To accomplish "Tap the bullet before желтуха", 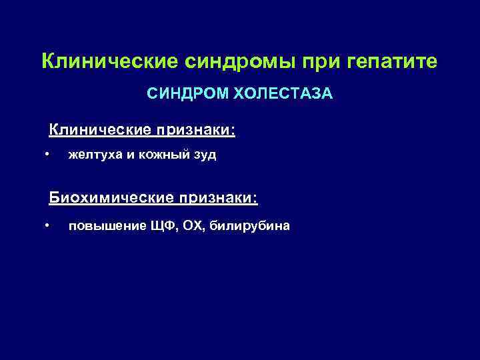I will (47, 155).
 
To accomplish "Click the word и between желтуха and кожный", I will (129, 155).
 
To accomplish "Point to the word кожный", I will (161, 155).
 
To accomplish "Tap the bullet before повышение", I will (47, 225).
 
